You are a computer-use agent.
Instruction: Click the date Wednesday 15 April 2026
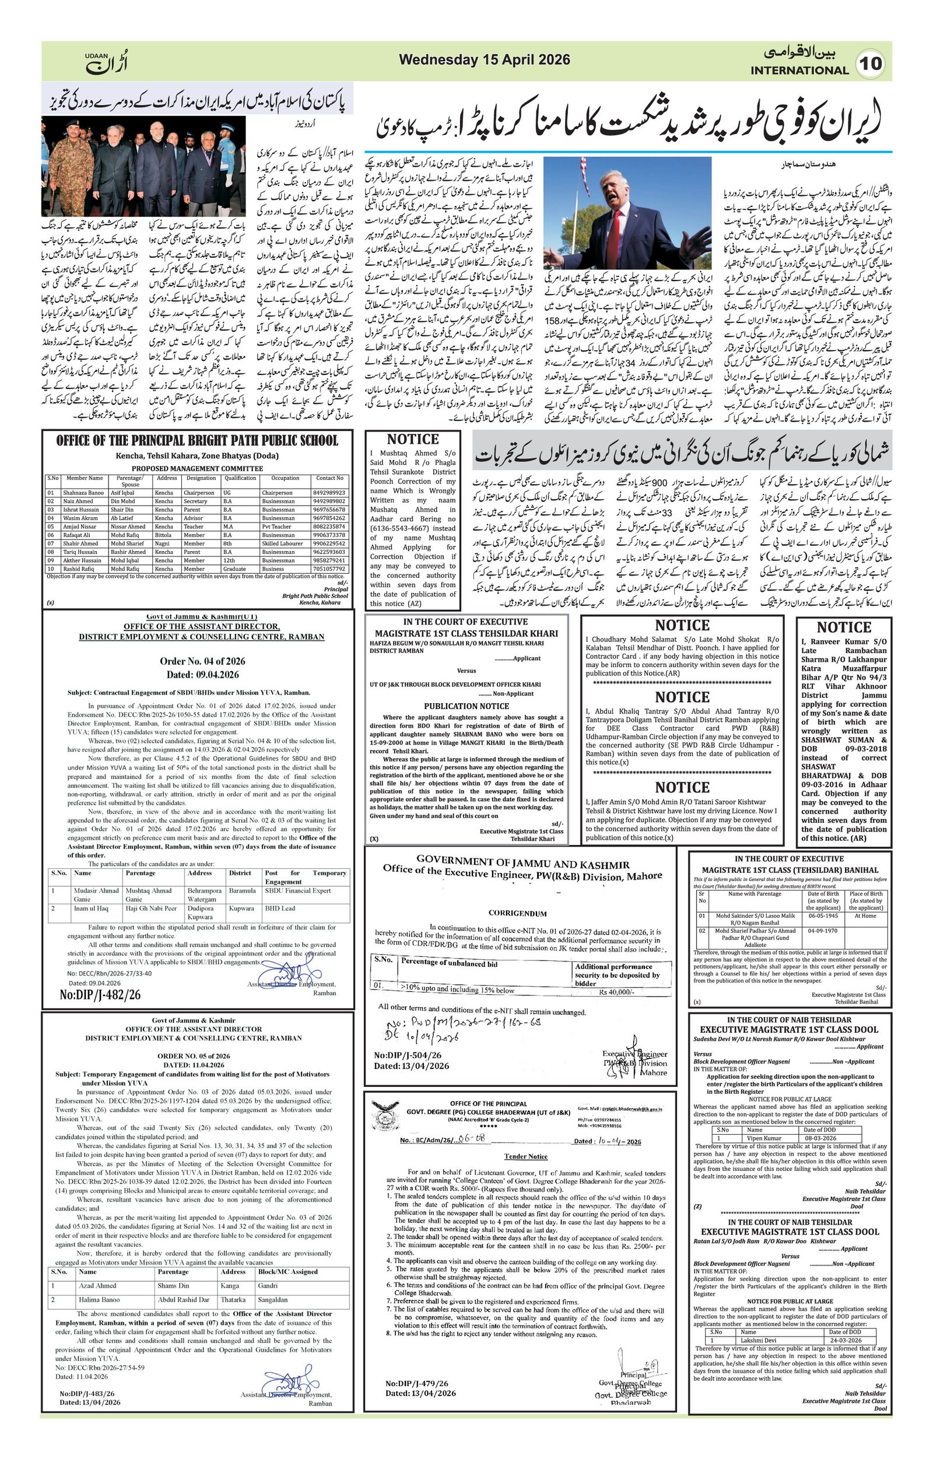pos(484,59)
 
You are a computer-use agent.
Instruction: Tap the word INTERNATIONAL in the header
pos(799,71)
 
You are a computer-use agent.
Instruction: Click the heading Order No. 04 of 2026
pos(202,661)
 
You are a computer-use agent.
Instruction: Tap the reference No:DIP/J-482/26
pos(100,994)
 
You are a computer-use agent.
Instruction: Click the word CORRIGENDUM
pos(517,913)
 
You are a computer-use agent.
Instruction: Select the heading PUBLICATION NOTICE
pos(466,706)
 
